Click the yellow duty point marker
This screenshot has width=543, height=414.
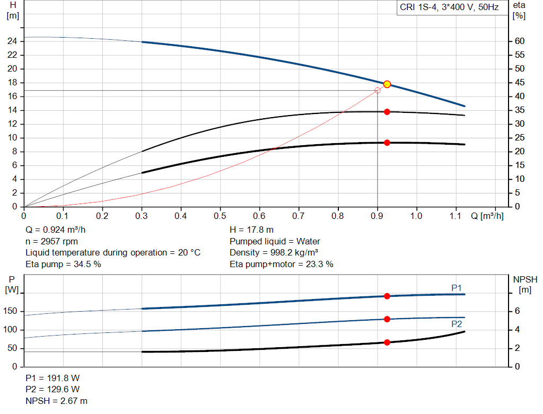387,84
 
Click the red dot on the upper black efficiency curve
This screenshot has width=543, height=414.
387,112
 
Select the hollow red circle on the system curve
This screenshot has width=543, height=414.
378,91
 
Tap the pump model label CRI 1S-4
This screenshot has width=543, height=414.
449,8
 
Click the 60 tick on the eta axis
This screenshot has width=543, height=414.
519,41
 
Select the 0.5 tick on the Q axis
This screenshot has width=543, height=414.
220,216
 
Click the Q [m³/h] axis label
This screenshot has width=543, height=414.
487,216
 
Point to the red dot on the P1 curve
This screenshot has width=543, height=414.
387,296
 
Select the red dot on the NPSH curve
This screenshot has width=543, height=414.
387,342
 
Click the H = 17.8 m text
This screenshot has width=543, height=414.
252,230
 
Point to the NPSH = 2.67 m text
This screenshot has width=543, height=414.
57,401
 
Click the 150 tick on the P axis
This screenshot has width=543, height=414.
11,311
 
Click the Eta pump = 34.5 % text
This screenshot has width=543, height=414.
63,263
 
